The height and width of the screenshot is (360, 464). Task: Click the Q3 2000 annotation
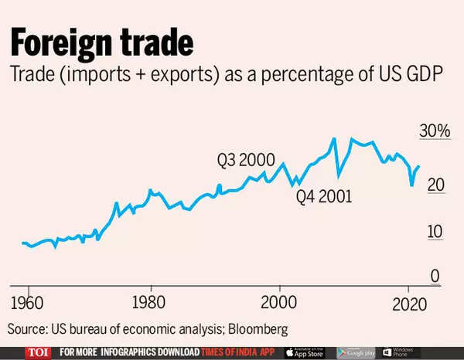[247, 161]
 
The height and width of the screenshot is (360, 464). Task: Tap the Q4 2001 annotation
[324, 196]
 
